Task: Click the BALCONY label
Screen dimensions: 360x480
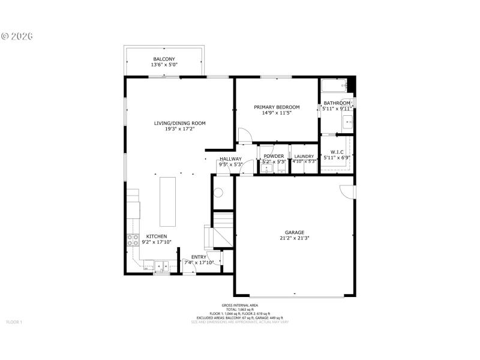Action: click(164, 59)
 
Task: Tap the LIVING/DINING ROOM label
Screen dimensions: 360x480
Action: click(179, 123)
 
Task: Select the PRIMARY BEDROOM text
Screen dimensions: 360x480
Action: click(276, 107)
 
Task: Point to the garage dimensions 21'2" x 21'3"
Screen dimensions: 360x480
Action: click(294, 238)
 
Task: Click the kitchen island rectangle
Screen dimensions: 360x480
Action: click(168, 200)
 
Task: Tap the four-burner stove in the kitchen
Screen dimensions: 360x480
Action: click(132, 241)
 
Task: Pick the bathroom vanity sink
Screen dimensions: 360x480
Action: click(349, 122)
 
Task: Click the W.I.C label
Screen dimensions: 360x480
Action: click(336, 152)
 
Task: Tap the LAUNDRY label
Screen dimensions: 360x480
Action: click(304, 156)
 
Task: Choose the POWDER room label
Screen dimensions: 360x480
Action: click(274, 156)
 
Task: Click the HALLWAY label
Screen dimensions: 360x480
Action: click(230, 159)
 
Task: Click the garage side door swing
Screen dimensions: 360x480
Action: click(347, 191)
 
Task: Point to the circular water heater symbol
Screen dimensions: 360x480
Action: click(219, 193)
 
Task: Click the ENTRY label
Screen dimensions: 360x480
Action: click(199, 257)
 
